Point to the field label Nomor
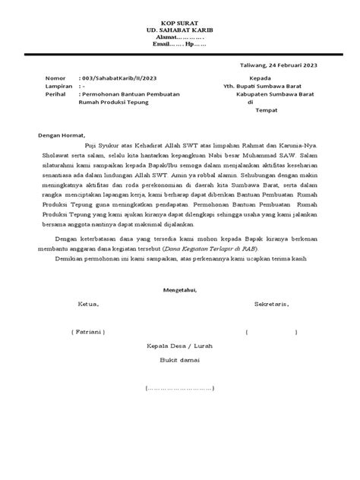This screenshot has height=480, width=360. [x=56, y=79]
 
